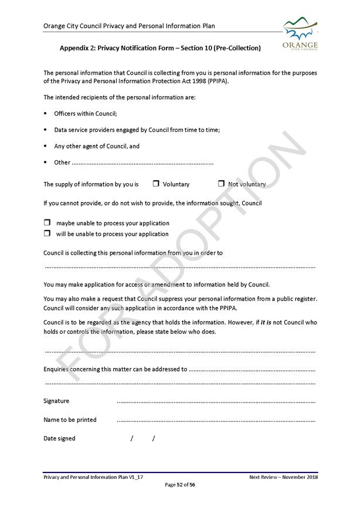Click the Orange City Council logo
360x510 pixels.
(x=300, y=33)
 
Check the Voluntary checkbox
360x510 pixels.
(x=156, y=184)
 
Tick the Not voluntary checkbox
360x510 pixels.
(x=221, y=184)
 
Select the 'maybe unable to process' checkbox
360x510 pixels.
(x=47, y=223)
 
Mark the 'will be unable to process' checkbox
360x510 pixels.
(x=47, y=234)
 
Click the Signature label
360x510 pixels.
(x=56, y=401)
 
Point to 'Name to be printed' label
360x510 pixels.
(x=70, y=420)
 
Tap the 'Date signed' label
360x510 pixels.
(x=59, y=438)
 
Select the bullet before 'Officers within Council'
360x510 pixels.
(x=45, y=113)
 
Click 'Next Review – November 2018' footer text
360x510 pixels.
(x=283, y=477)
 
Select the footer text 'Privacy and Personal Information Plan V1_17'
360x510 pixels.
(x=93, y=477)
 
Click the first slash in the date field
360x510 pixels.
(x=132, y=438)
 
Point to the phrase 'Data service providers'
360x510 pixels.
(x=85, y=130)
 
